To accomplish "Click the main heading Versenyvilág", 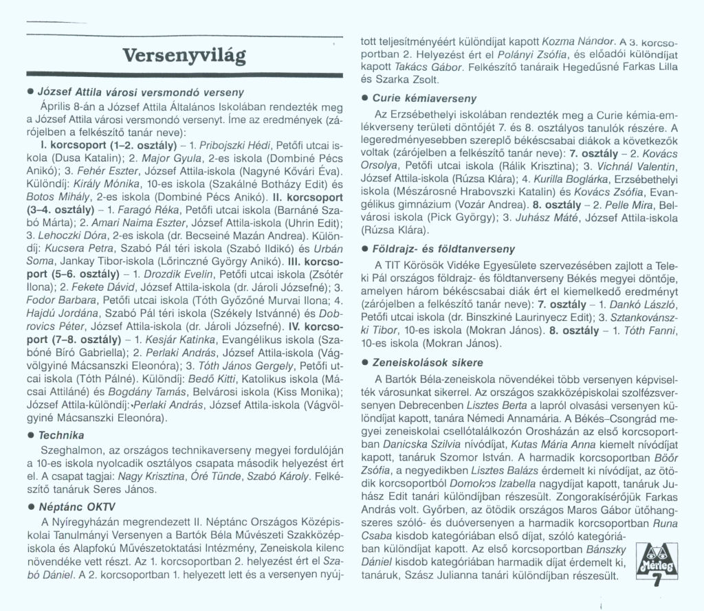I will click(184, 54).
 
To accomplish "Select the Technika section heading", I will click(61, 435).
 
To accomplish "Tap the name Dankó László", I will click(642, 304).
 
